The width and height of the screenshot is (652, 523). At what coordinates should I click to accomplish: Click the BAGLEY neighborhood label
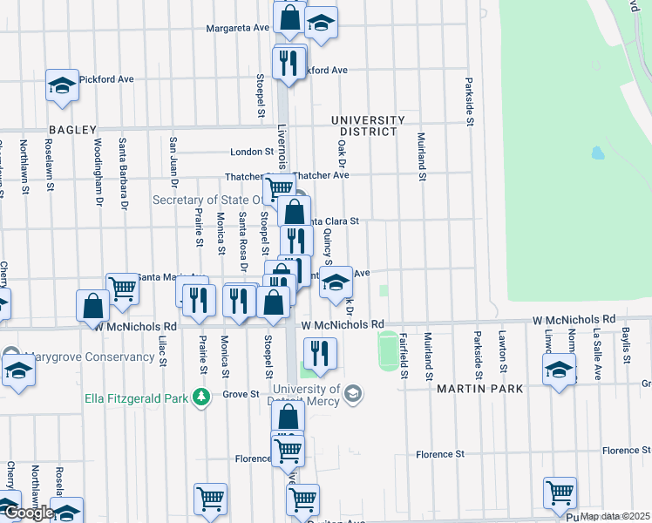pos(72,130)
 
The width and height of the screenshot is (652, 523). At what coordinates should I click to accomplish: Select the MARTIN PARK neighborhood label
pos(479,388)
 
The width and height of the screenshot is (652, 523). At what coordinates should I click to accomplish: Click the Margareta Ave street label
pos(237,28)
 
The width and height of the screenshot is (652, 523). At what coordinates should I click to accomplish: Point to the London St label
pos(252,152)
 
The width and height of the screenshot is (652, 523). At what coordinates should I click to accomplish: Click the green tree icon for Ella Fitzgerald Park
pos(201,398)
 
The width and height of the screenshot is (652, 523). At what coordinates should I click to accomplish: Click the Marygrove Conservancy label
pos(78,357)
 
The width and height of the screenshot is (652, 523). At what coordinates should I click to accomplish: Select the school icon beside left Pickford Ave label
pos(62,86)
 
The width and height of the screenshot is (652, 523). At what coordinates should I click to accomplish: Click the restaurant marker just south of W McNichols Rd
pos(319,353)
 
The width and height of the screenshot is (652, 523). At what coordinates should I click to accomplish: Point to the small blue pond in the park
pos(597,153)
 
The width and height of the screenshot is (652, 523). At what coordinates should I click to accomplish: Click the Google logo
pos(28,513)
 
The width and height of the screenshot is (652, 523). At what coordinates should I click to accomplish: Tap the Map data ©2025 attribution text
pos(615,516)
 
